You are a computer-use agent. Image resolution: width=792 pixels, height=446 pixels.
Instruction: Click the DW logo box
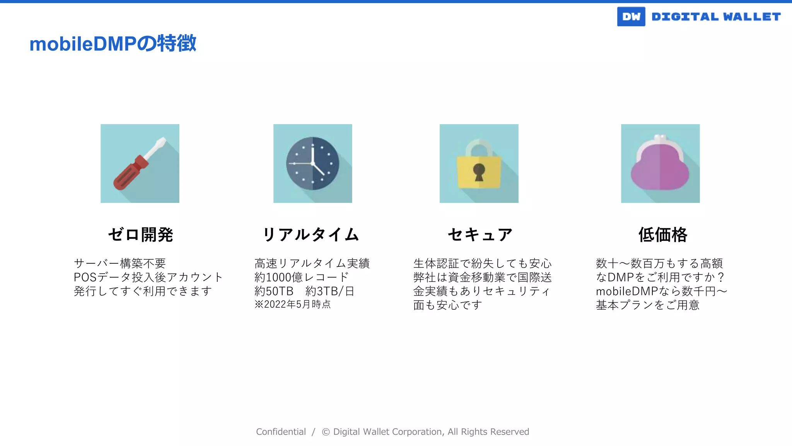(x=631, y=17)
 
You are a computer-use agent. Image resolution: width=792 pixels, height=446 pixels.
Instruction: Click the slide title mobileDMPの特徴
(x=113, y=43)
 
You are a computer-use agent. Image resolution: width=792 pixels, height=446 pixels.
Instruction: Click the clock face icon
(x=312, y=163)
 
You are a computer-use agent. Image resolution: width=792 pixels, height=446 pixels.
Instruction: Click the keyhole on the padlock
(x=479, y=172)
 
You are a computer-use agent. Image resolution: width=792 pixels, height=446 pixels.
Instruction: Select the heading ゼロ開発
(x=140, y=235)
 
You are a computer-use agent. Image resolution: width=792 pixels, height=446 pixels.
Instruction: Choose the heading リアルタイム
(x=311, y=235)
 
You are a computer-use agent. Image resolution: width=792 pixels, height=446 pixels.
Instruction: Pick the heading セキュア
(x=480, y=235)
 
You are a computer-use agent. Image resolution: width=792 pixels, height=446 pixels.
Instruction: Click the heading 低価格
(x=662, y=235)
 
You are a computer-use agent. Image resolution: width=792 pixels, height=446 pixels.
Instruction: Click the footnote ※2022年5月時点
(x=292, y=304)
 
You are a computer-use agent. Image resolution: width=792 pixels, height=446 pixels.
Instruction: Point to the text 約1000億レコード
(x=302, y=277)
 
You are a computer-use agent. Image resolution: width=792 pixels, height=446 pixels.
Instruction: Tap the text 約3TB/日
(x=330, y=291)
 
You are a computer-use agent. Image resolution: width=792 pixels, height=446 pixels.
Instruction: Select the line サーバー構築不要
(x=119, y=263)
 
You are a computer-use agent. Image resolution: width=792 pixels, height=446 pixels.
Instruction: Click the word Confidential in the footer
(x=281, y=432)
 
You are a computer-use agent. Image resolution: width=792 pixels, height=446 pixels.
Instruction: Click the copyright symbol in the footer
(x=326, y=432)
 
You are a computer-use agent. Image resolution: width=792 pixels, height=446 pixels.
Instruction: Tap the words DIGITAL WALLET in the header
(x=716, y=17)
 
